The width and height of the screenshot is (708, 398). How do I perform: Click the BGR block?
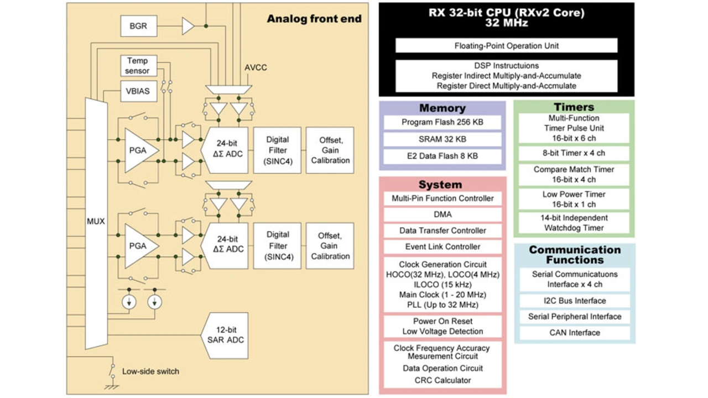139,26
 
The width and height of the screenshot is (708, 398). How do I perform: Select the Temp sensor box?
139,66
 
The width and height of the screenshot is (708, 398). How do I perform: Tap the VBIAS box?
139,91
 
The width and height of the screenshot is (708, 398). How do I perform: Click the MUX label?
96,222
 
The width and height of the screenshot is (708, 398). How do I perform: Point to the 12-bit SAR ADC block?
225,336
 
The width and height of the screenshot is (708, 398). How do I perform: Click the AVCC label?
256,67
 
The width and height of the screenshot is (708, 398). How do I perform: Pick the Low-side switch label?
150,371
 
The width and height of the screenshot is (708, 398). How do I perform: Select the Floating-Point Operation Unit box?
506,45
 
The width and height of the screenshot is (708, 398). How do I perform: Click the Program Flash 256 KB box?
442,122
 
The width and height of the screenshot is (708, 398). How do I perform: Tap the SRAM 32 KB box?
442,139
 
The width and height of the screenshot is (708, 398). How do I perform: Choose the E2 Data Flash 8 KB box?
442,156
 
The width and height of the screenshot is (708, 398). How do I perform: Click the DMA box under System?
442,214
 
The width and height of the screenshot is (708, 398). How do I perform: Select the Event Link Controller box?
442,247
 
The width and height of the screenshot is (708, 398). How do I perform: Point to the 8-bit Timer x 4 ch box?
574,153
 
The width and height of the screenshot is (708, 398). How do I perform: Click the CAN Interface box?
575,333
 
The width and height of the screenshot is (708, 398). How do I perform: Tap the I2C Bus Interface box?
575,301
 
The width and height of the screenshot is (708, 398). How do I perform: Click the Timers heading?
574,107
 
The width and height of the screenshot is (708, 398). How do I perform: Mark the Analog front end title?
314,19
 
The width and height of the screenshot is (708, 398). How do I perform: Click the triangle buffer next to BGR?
188,26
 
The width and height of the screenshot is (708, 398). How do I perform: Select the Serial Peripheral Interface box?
575,317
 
